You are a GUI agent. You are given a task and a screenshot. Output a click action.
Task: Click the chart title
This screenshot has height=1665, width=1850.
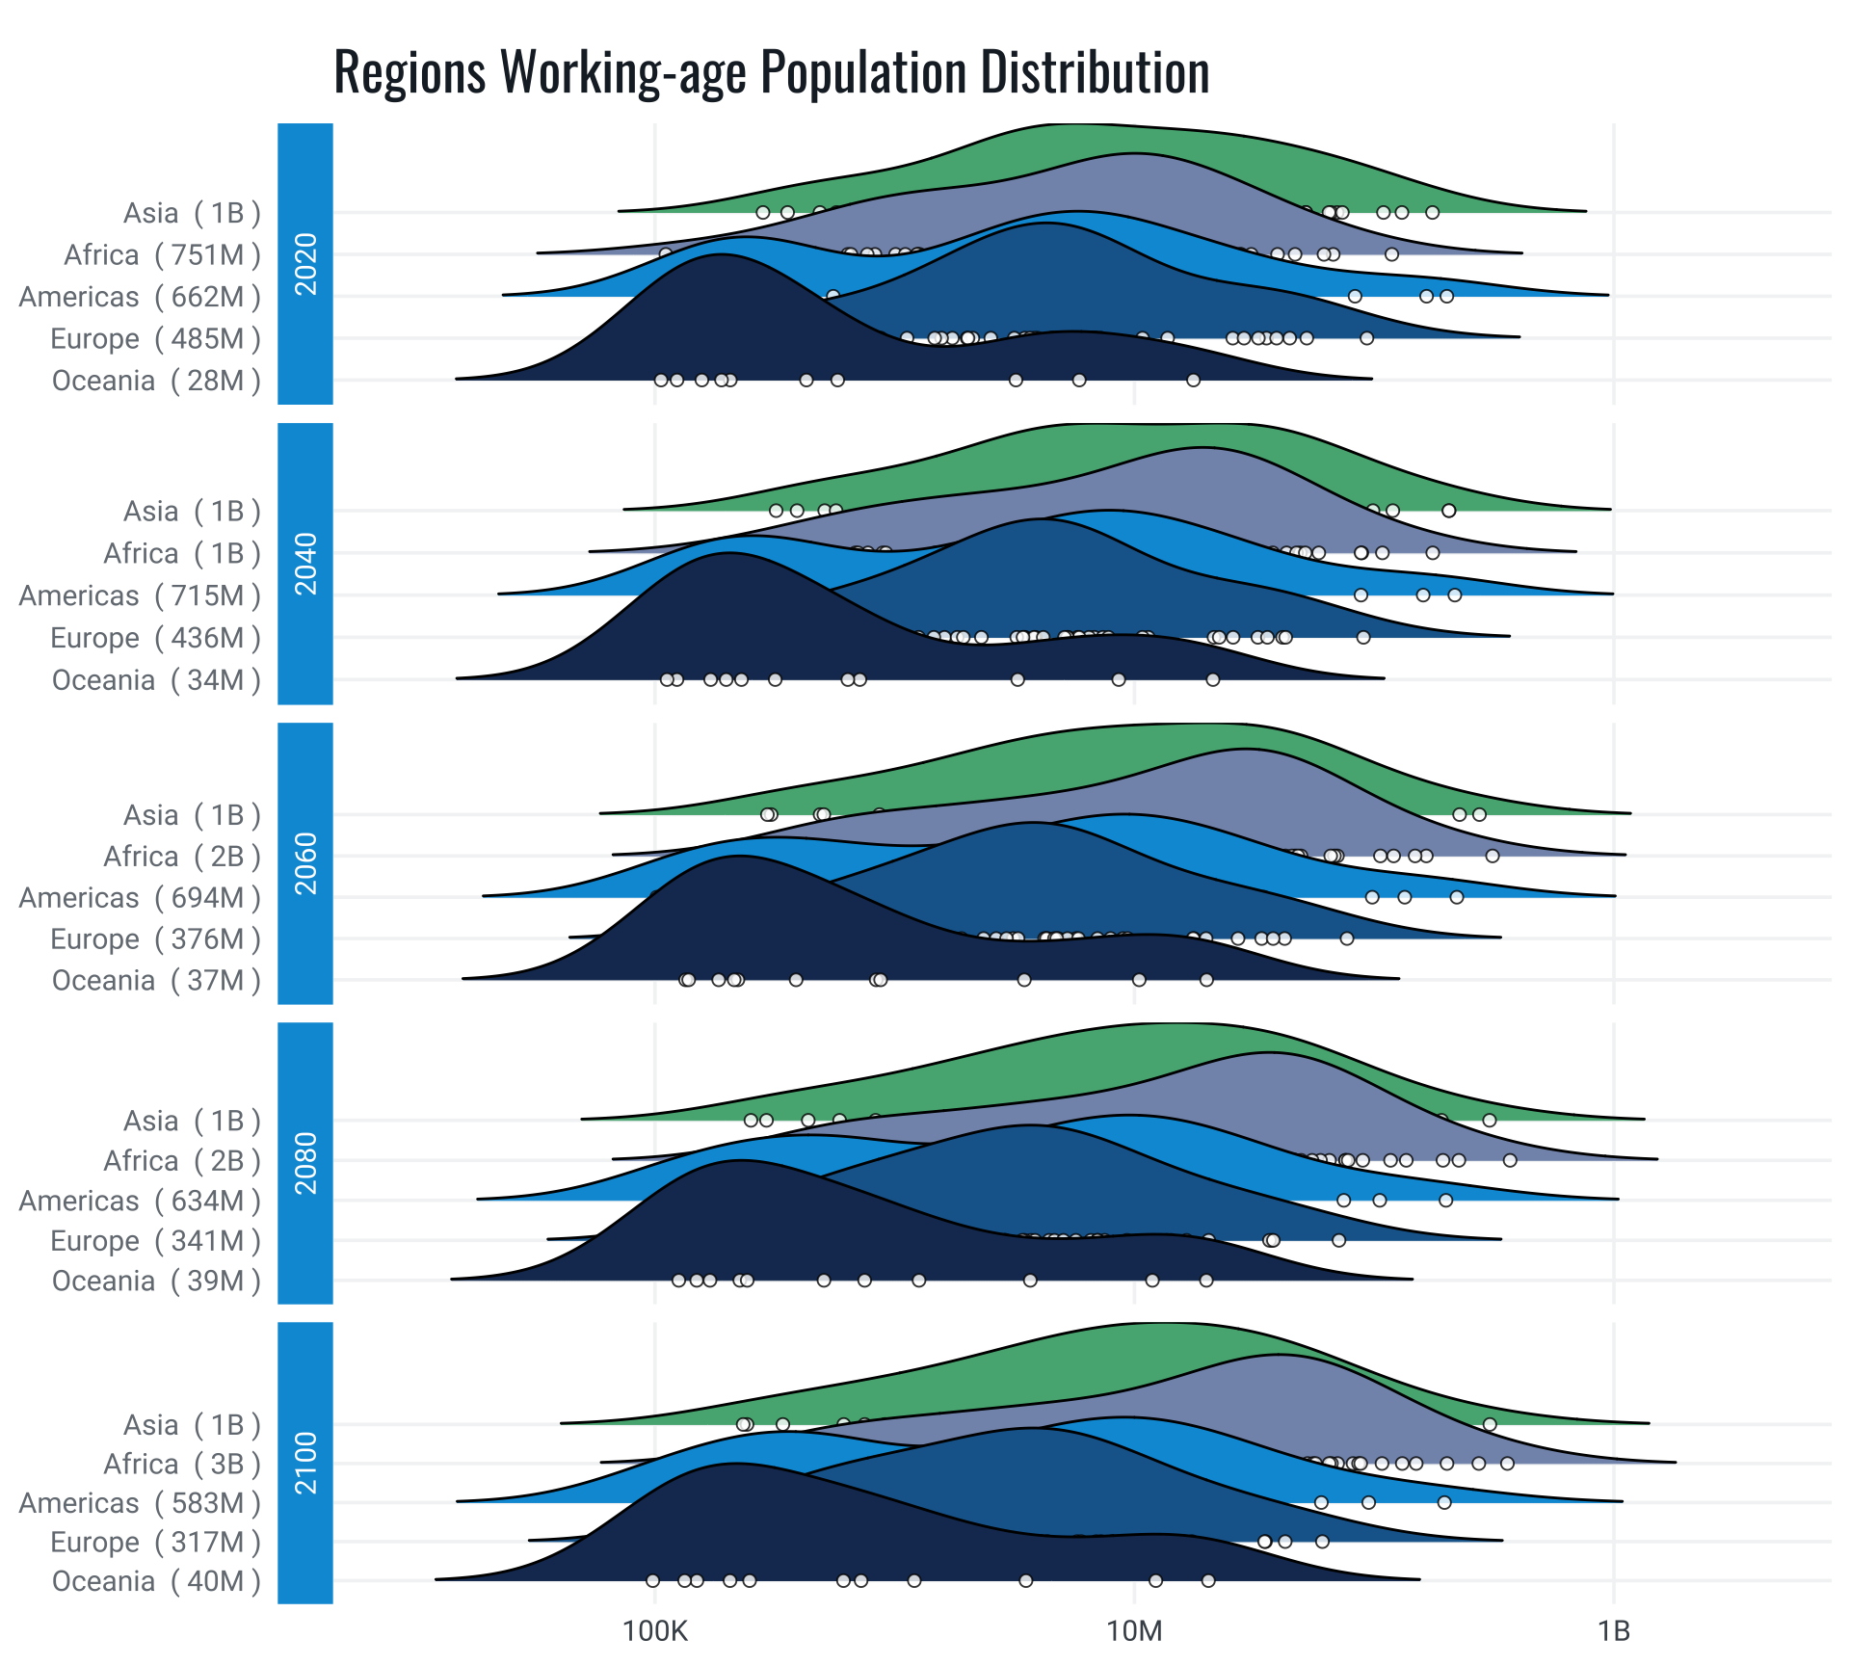coord(771,72)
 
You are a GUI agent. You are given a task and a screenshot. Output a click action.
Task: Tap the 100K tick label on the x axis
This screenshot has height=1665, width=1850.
coord(655,1631)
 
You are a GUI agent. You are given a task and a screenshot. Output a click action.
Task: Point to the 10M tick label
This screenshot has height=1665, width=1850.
coord(1134,1631)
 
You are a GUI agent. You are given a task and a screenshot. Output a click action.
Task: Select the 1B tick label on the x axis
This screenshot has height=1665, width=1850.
coord(1613,1631)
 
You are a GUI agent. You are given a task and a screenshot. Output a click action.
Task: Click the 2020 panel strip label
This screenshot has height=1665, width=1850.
coord(305,264)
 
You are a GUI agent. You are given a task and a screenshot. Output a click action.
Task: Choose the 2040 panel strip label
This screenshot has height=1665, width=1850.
coord(305,564)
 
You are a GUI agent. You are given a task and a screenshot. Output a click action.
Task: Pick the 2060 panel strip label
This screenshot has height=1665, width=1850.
coord(305,863)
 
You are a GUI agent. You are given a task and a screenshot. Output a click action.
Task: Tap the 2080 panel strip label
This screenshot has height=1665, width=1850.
coord(305,1163)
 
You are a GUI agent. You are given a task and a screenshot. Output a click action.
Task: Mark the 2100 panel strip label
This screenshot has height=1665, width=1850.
coord(305,1463)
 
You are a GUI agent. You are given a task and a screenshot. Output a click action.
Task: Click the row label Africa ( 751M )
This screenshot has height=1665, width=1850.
coord(162,255)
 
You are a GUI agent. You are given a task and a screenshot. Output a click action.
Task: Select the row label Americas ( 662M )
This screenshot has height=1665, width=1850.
coord(140,297)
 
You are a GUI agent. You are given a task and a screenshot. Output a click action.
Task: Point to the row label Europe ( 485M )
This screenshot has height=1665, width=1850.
coord(155,339)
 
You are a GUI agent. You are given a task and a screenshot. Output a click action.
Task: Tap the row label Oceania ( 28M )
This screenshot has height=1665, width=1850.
coord(156,382)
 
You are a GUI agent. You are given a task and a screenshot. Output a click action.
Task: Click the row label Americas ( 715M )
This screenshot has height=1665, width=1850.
coord(140,596)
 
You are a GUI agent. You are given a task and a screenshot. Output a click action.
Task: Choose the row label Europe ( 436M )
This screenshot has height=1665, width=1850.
coord(155,638)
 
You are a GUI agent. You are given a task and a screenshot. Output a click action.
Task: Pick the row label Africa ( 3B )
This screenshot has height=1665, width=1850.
coord(182,1465)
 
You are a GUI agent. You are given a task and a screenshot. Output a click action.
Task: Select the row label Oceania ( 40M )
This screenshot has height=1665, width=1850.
coord(156,1581)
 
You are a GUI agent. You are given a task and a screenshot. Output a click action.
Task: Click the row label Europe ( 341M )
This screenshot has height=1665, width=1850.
coord(155,1241)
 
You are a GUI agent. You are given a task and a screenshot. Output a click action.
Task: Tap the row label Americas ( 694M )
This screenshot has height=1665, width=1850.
coord(140,898)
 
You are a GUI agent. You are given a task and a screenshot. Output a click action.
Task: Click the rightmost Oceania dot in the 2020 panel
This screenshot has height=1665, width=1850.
coord(1193,381)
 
